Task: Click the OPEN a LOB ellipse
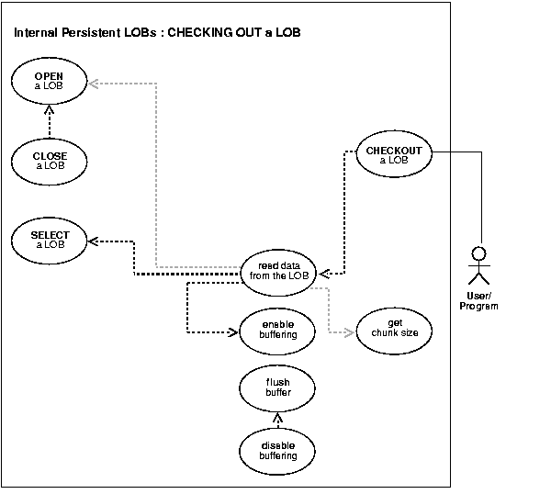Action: point(51,80)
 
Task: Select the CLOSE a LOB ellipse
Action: point(51,160)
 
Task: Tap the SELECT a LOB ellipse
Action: point(51,240)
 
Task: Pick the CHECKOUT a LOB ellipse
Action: point(393,155)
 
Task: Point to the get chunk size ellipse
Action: point(396,328)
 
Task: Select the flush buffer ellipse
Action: point(278,389)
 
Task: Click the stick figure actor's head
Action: point(477,252)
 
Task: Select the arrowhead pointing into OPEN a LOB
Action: point(94,83)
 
